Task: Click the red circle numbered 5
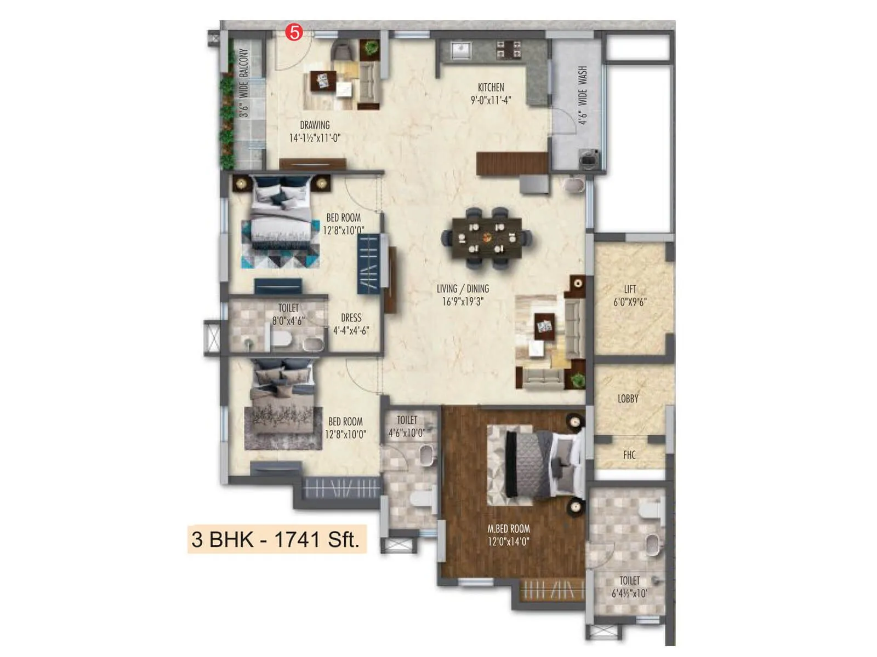[294, 33]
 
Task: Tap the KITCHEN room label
[491, 88]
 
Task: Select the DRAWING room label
[315, 125]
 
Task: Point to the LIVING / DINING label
[463, 289]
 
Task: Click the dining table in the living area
[487, 238]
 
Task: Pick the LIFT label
[630, 289]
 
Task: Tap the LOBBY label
[628, 399]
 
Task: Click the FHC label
[629, 454]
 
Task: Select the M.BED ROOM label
[509, 529]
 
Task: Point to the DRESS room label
[351, 318]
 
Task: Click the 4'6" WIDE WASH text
[582, 95]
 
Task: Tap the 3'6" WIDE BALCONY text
[244, 83]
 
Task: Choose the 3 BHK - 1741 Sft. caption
[276, 540]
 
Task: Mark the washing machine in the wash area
[590, 159]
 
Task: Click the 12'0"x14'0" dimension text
[509, 542]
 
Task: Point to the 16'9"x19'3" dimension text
[463, 302]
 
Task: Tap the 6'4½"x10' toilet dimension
[629, 593]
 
